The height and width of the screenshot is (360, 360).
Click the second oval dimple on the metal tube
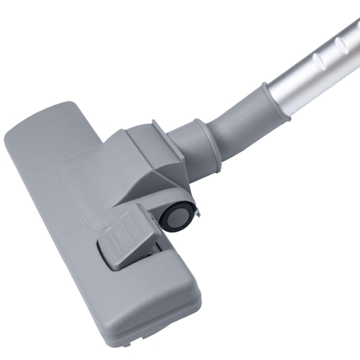(343, 43)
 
